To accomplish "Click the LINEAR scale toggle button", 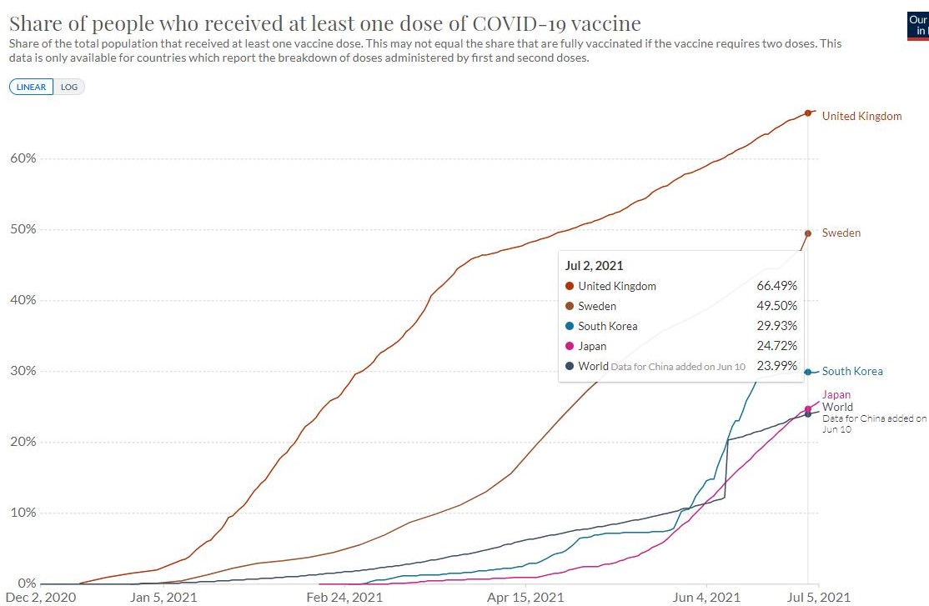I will (32, 87).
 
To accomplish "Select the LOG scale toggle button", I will (69, 87).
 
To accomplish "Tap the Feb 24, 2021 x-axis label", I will (344, 597).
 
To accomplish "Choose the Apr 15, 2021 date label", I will (525, 597).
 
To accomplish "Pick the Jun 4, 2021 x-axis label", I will (706, 597).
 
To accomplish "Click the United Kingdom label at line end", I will (861, 116).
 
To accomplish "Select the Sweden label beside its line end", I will (841, 233).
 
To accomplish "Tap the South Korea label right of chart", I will (852, 372).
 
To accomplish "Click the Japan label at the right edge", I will (836, 394).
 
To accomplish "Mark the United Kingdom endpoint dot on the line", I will (808, 113).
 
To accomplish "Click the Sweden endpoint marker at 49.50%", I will (808, 233).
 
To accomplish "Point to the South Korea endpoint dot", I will (808, 372).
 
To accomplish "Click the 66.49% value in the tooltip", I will (776, 286).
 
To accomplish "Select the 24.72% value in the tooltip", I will (776, 346).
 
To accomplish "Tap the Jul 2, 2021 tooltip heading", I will (594, 266).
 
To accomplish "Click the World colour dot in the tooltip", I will (570, 366).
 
